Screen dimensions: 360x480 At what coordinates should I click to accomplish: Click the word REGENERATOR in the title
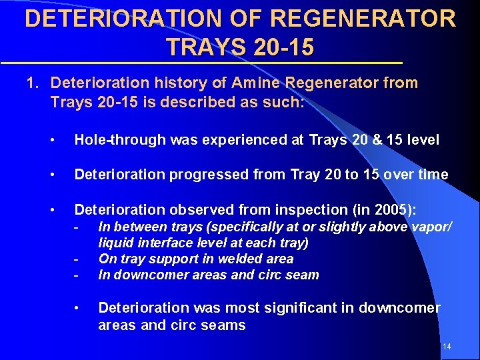point(366,18)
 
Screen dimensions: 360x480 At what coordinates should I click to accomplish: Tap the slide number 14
point(447,347)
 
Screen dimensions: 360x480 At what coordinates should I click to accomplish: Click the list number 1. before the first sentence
point(33,83)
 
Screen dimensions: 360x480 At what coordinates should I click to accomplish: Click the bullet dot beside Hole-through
point(53,140)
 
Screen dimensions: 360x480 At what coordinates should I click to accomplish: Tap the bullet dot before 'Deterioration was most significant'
point(77,308)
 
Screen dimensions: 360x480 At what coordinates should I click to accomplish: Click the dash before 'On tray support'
point(77,259)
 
